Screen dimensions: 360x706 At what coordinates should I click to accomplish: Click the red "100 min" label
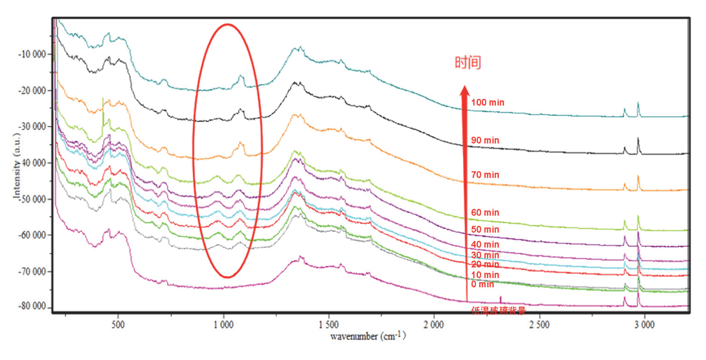[488, 103]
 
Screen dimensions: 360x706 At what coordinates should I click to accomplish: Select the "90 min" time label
[485, 140]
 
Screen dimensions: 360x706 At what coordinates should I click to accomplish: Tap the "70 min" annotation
[485, 175]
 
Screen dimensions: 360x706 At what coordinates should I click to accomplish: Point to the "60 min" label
[485, 213]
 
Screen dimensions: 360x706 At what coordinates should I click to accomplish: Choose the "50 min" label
[485, 230]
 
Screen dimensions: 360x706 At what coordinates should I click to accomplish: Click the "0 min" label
[483, 285]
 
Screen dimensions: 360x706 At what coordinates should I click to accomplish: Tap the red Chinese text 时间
[468, 63]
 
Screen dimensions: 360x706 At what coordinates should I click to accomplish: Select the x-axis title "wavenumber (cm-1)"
[368, 336]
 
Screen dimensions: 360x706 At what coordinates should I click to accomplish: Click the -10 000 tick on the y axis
[32, 54]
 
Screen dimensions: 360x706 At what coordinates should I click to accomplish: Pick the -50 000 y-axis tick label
[32, 199]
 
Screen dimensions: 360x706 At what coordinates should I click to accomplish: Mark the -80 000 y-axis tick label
[32, 307]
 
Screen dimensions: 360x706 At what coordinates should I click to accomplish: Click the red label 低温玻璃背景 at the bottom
[498, 311]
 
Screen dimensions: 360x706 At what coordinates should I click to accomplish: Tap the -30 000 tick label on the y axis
[32, 127]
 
